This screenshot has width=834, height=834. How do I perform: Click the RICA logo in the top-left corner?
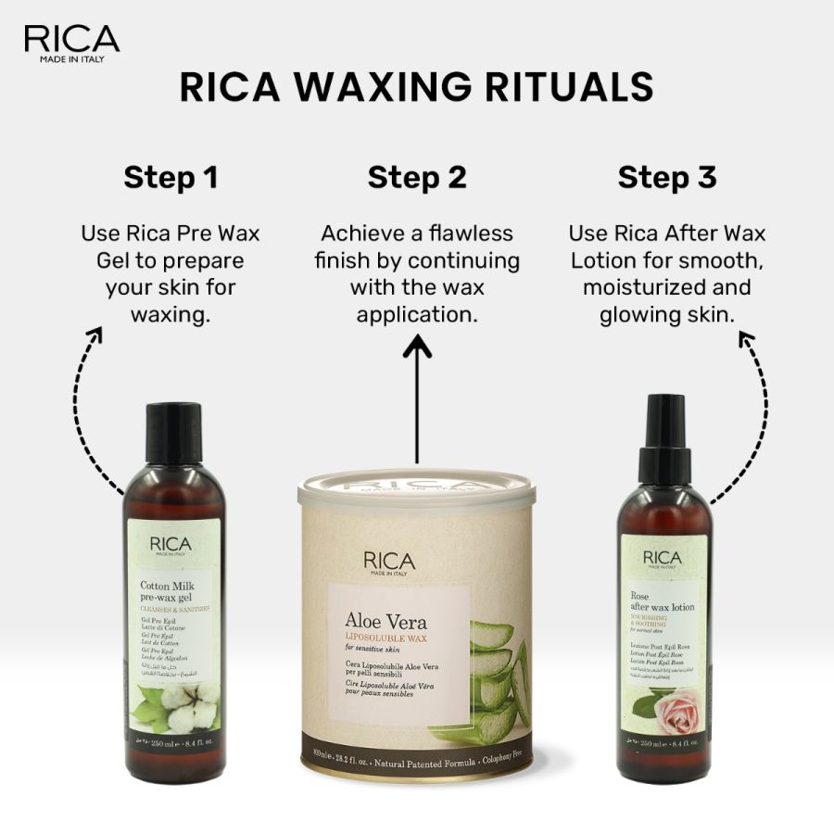[71, 43]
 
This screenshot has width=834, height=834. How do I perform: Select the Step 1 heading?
[171, 177]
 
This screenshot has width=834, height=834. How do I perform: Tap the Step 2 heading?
[417, 177]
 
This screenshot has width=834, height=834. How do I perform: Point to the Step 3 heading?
[667, 177]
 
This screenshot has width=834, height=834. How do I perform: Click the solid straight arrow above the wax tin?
[417, 398]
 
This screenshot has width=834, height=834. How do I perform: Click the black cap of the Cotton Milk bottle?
[173, 434]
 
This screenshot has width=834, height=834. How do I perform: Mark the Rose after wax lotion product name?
[662, 601]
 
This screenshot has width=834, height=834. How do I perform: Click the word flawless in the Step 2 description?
[469, 234]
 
